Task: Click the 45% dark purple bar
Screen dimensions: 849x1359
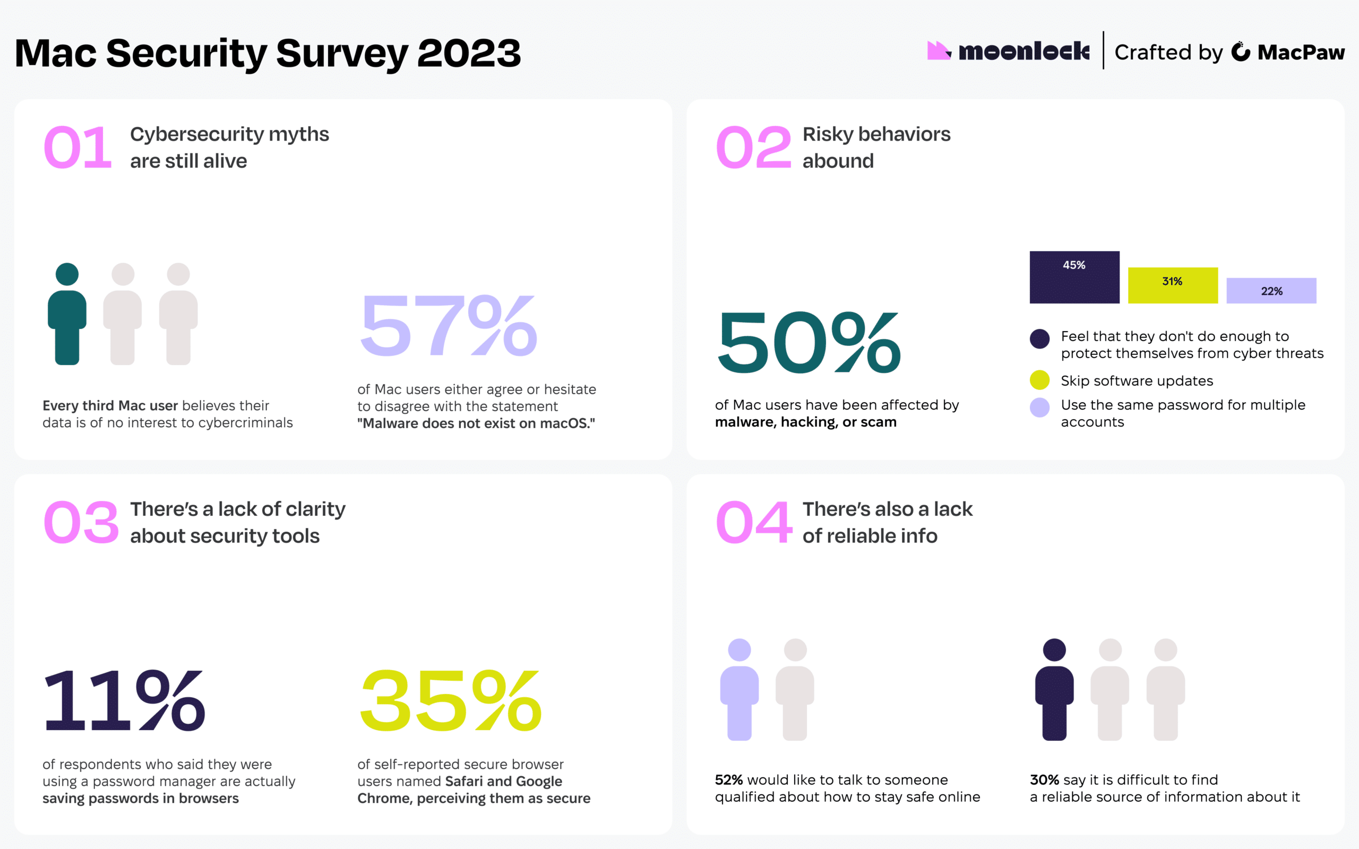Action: [x=1074, y=277]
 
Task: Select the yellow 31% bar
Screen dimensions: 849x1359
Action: [x=1173, y=285]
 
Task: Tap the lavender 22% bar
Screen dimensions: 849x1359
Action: [x=1271, y=290]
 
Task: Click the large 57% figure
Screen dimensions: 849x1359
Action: [x=448, y=326]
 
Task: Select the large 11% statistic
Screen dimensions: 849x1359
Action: [x=124, y=700]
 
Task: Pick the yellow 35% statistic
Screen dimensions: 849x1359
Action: [x=450, y=700]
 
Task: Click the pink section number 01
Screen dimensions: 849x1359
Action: [x=78, y=147]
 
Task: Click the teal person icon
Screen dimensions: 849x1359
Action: [x=67, y=315]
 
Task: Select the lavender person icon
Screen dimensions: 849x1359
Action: [x=739, y=689]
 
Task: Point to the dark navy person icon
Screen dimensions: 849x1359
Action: [x=1054, y=689]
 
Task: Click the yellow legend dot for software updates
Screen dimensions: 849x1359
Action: [x=1039, y=380]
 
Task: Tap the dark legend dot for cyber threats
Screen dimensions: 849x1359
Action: [x=1039, y=339]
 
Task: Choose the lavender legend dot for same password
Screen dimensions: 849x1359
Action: [x=1039, y=407]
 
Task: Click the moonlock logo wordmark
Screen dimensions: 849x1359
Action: [x=1023, y=51]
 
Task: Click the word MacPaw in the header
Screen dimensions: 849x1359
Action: [x=1301, y=52]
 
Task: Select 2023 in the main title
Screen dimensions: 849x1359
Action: [x=469, y=54]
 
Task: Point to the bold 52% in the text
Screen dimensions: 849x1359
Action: [x=728, y=779]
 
